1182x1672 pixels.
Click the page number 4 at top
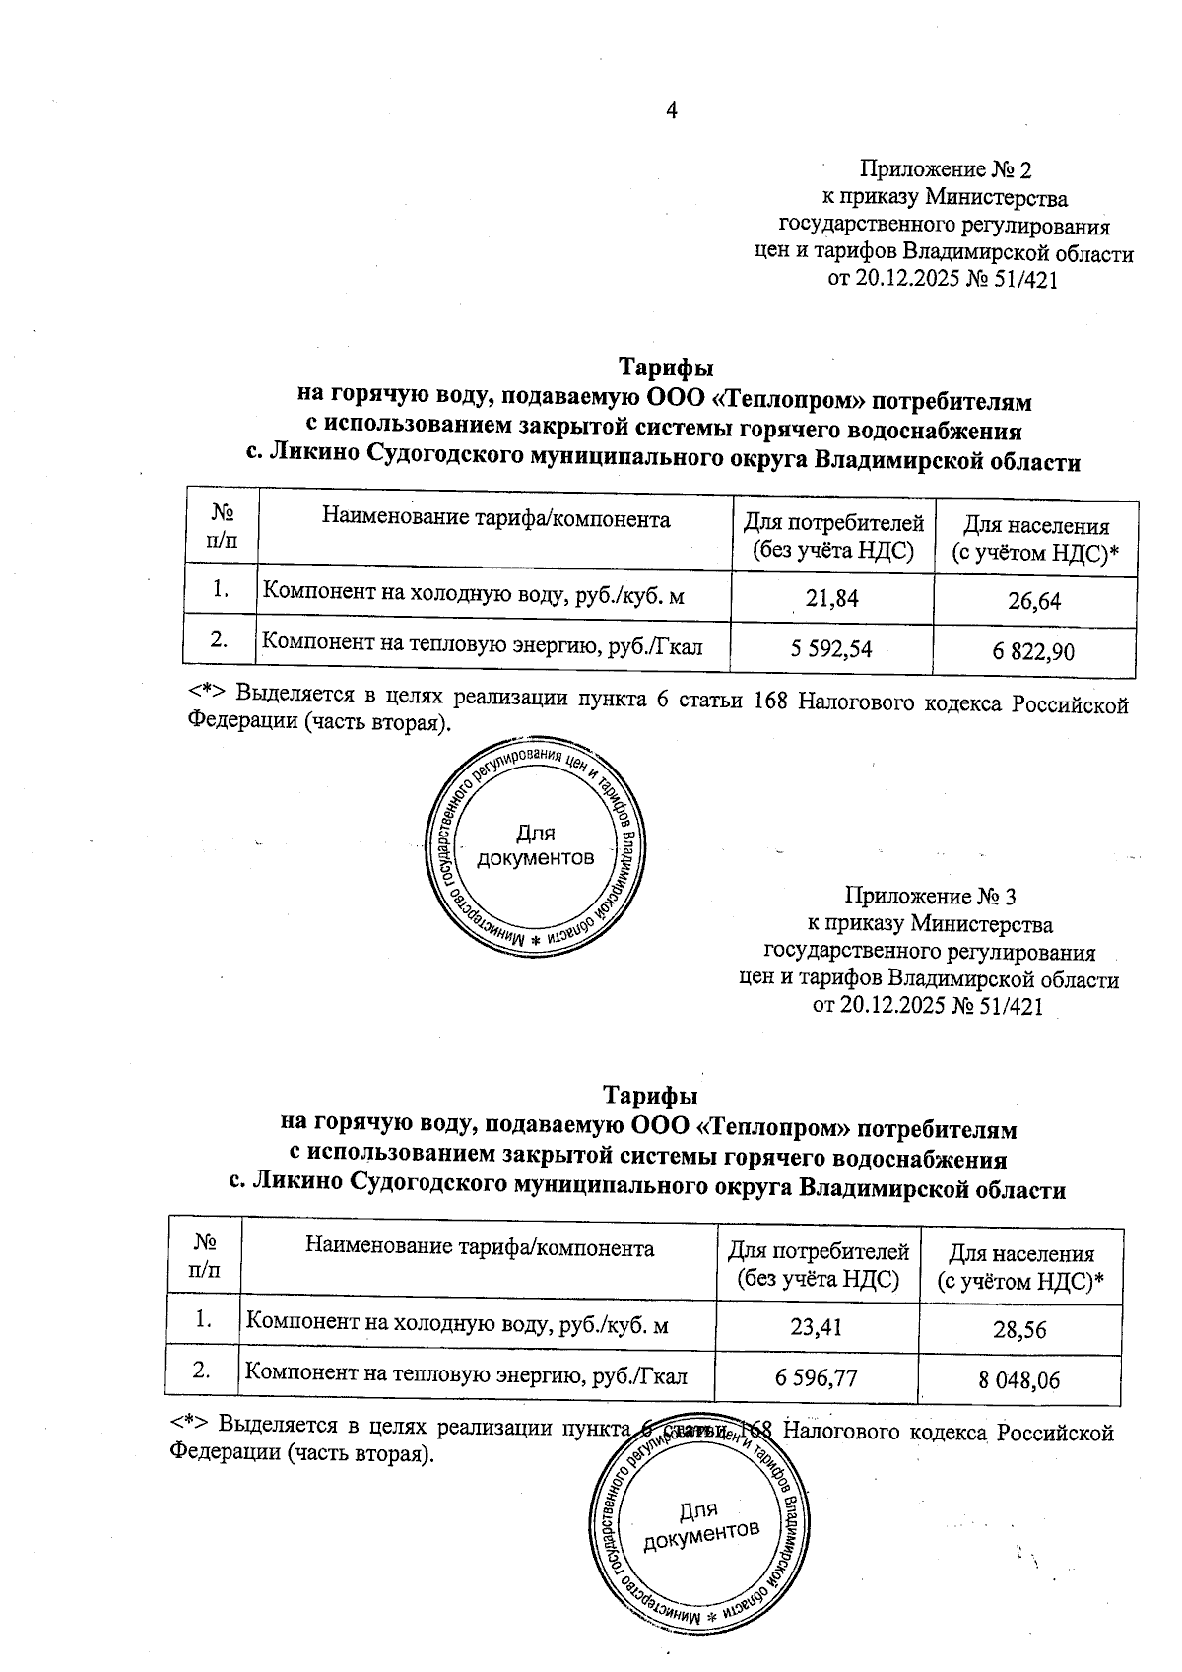tap(672, 110)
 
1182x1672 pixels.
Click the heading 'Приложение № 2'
tap(945, 170)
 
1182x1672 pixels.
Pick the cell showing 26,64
tap(1034, 600)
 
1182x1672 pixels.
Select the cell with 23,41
tap(817, 1325)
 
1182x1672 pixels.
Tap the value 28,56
tap(1019, 1330)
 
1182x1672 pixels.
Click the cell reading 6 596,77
tap(817, 1376)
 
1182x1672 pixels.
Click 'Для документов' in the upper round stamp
tap(535, 846)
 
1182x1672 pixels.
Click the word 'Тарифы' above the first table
tap(665, 368)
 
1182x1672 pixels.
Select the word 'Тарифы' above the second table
tap(650, 1096)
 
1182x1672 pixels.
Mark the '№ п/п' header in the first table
tap(222, 526)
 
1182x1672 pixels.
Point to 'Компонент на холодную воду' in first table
tap(394, 592)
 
